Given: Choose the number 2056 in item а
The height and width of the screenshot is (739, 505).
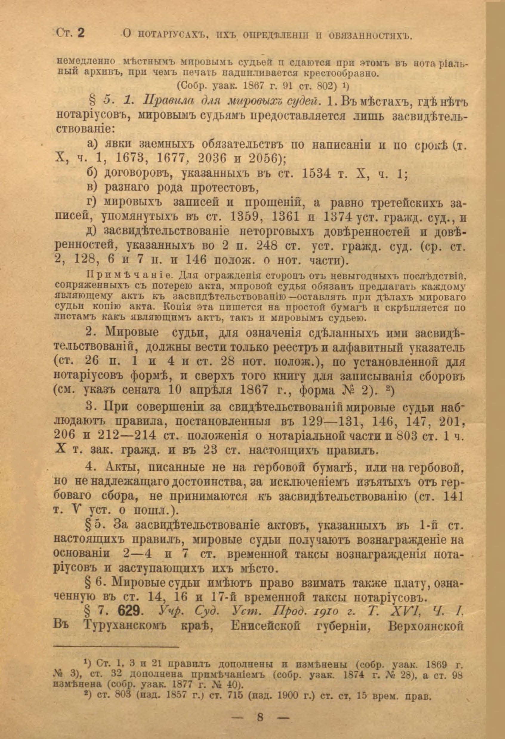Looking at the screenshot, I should pos(262,158).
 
